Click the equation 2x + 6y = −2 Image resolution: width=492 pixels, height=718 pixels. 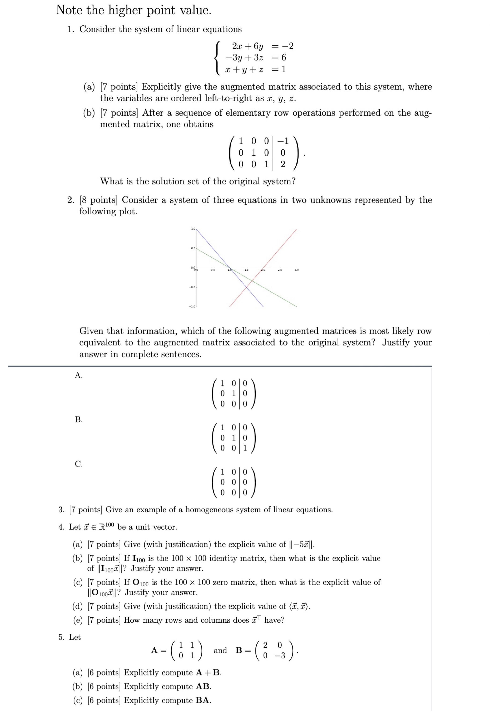coord(262,46)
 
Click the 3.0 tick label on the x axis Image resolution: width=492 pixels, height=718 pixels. coord(297,270)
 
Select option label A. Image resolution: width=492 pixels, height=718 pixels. coord(79,375)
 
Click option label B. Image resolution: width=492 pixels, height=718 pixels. coord(79,420)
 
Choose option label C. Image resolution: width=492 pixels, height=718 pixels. coord(79,464)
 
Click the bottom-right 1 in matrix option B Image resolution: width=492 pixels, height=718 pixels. coord(245,448)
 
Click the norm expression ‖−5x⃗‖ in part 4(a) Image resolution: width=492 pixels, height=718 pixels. coord(302,544)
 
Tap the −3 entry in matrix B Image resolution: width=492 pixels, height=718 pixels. coord(280,656)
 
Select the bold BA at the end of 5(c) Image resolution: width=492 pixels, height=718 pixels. coord(203,700)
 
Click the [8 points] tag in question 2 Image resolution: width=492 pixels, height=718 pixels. coord(99,200)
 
